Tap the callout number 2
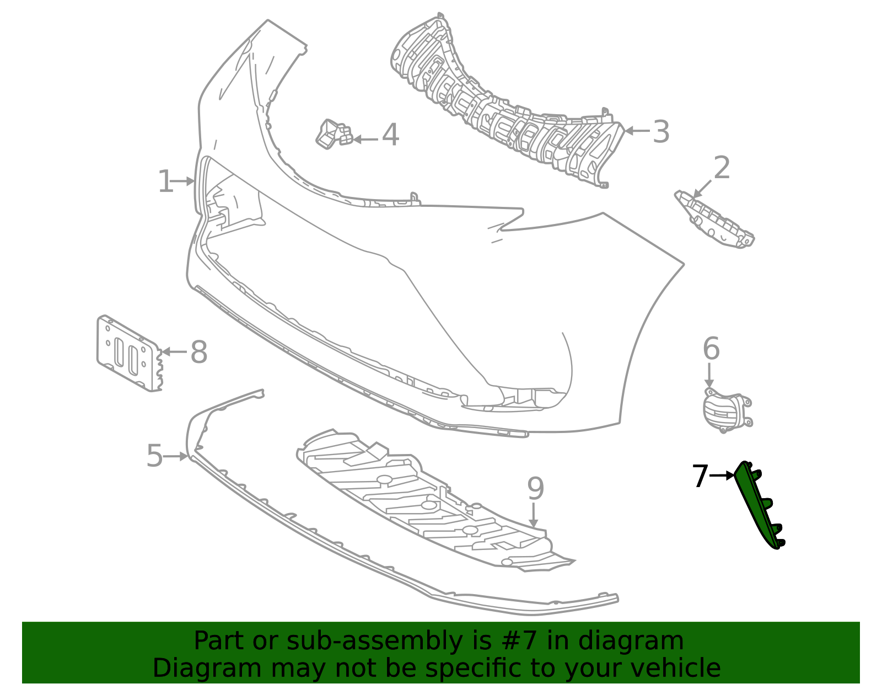[722, 167]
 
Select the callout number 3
[661, 131]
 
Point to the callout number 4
[390, 135]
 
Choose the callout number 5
[155, 456]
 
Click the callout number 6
[711, 348]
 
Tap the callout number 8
[199, 351]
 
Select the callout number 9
[535, 488]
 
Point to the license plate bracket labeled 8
[129, 353]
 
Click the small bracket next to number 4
[334, 134]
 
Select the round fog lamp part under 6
[727, 410]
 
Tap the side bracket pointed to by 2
[714, 219]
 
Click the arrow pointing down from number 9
[534, 515]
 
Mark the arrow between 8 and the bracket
[174, 351]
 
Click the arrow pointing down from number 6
[709, 375]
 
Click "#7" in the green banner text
[519, 640]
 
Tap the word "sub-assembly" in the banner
[374, 642]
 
